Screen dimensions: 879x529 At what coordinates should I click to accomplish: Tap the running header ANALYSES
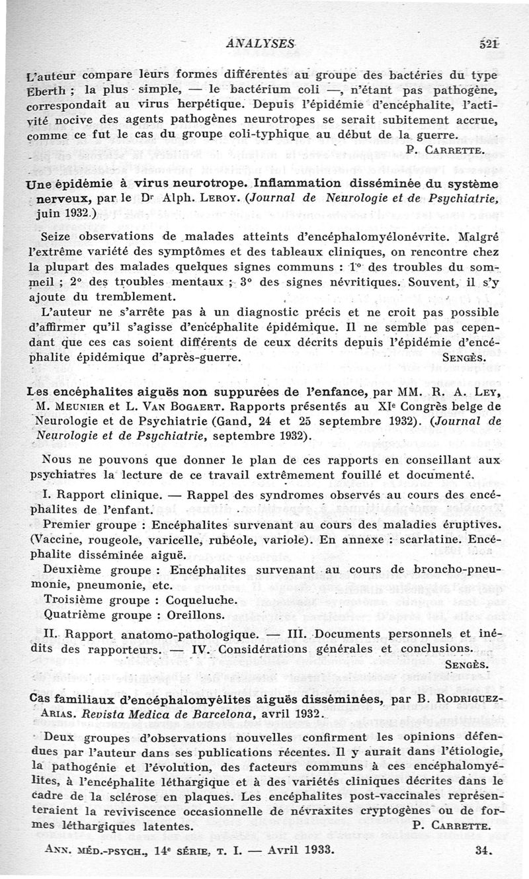(x=261, y=43)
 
